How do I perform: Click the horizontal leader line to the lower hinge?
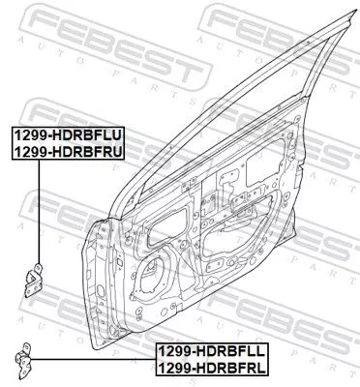[97, 360]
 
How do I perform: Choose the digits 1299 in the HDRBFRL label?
[174, 368]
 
